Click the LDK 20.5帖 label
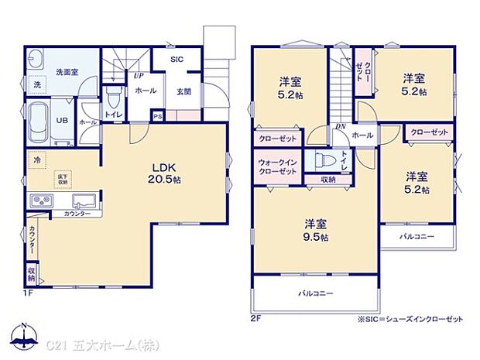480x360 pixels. pyautogui.click(x=166, y=173)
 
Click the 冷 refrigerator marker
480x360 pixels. pyautogui.click(x=36, y=159)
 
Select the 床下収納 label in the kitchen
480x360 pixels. pyautogui.click(x=61, y=180)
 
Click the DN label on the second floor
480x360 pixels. pyautogui.click(x=339, y=125)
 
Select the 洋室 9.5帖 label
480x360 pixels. pyautogui.click(x=316, y=230)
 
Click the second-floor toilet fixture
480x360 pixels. pyautogui.click(x=323, y=162)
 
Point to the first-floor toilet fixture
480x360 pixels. pyautogui.click(x=115, y=99)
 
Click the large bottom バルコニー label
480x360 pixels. pyautogui.click(x=316, y=293)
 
